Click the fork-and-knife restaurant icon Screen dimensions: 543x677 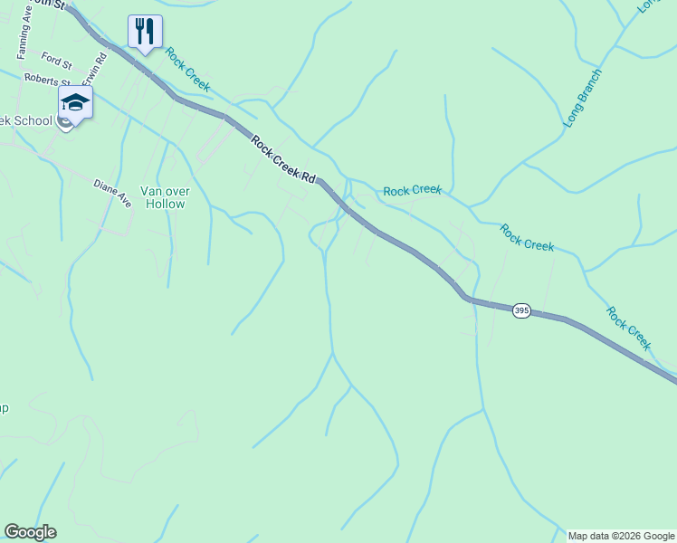[x=145, y=31]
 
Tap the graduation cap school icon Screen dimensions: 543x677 [x=75, y=101]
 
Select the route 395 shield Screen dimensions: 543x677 [x=520, y=310]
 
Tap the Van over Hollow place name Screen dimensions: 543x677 [x=163, y=197]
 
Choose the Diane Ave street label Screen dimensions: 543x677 [x=112, y=193]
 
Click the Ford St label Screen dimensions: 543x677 [x=56, y=62]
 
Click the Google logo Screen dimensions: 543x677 [x=30, y=532]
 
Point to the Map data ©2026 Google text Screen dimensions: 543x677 [x=621, y=536]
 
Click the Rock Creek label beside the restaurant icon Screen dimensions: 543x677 [x=187, y=70]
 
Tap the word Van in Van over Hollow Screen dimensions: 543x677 [x=150, y=191]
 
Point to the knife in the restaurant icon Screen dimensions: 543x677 [x=150, y=31]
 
